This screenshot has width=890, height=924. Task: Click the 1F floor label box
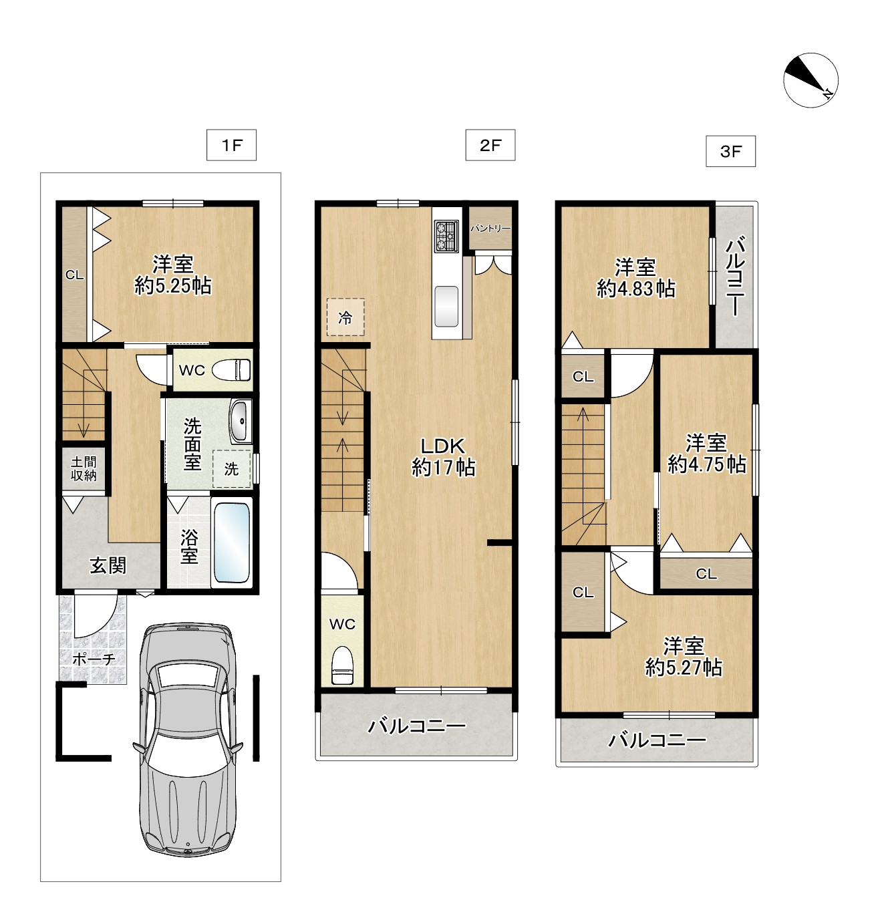(231, 145)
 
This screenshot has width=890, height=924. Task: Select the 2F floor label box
(490, 145)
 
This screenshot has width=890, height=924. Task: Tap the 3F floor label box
(730, 151)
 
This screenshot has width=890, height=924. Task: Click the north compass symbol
(810, 80)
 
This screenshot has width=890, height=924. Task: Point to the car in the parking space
(188, 740)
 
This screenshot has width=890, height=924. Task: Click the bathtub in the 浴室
(232, 543)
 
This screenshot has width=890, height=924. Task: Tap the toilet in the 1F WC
(231, 370)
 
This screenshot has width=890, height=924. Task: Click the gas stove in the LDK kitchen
(446, 236)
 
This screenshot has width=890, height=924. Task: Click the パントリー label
(490, 228)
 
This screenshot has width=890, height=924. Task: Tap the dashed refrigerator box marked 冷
(345, 317)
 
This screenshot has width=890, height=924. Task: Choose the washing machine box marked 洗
(232, 468)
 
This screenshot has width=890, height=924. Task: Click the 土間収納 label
(84, 468)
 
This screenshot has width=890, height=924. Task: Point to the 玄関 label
(108, 565)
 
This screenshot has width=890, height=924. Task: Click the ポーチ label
(94, 659)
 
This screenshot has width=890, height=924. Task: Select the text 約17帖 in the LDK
(444, 468)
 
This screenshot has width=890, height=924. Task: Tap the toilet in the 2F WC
(342, 665)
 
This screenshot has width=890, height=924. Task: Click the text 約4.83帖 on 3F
(636, 288)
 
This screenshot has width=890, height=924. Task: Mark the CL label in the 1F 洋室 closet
(75, 275)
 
